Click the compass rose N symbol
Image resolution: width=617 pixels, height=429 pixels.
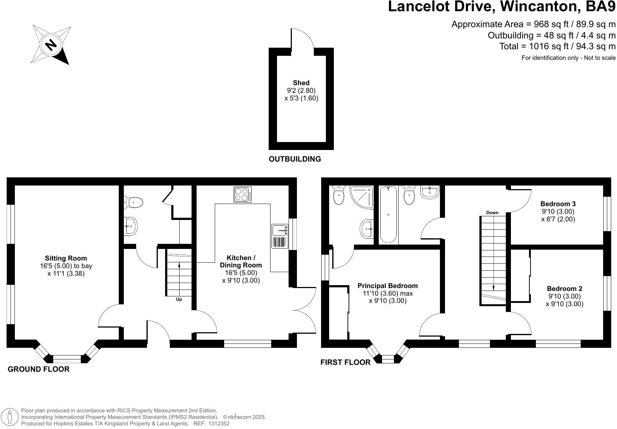(x=51, y=45)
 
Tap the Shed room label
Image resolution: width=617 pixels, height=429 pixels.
(x=301, y=83)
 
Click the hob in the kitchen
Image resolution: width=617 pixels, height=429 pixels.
(x=243, y=194)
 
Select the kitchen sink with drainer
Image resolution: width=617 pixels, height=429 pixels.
(x=280, y=236)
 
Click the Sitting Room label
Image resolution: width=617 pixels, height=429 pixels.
(x=66, y=258)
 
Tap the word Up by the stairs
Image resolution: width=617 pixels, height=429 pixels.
(x=179, y=299)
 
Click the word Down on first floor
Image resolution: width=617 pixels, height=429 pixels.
(x=492, y=213)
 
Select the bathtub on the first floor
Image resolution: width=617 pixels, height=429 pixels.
(x=388, y=214)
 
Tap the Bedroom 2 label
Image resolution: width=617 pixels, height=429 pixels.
(x=564, y=289)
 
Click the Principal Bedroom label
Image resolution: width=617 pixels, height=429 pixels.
(x=387, y=286)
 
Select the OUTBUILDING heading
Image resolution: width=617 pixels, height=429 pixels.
(x=295, y=159)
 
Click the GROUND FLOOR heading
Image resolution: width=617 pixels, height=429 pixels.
(x=38, y=369)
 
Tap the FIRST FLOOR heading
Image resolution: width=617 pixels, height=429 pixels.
(x=345, y=362)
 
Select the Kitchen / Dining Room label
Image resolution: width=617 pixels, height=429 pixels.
(x=241, y=262)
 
